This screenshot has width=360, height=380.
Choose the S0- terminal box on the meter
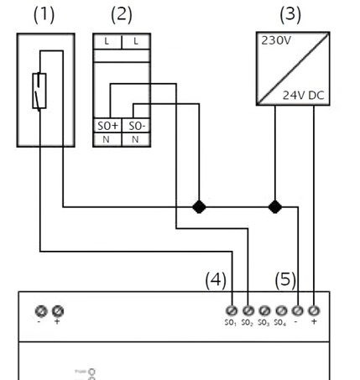coord(136,125)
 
